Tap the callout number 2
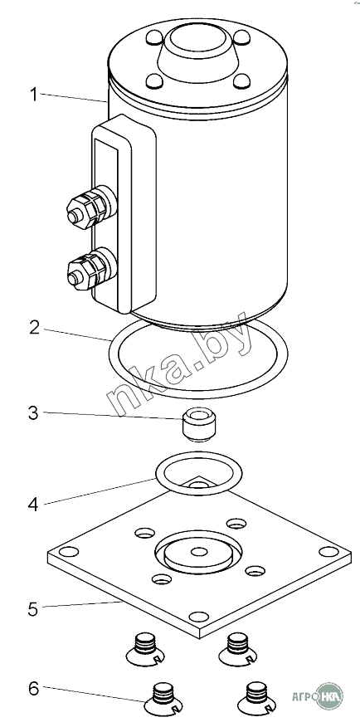pos(34,327)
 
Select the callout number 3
pos(33,413)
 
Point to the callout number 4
pos(33,505)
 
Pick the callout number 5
pos(33,609)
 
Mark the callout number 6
pos(34,689)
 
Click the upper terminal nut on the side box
pos(90,207)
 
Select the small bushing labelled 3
pos(198,424)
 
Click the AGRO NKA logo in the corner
pos(318,695)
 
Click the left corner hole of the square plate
pos(69,552)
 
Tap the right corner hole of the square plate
pos(329,552)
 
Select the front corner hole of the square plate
pos(199,617)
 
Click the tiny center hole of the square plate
pos(199,551)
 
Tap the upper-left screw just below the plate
pos(145,649)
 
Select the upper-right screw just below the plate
pos(238,649)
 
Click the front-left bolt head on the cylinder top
pos(154,81)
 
